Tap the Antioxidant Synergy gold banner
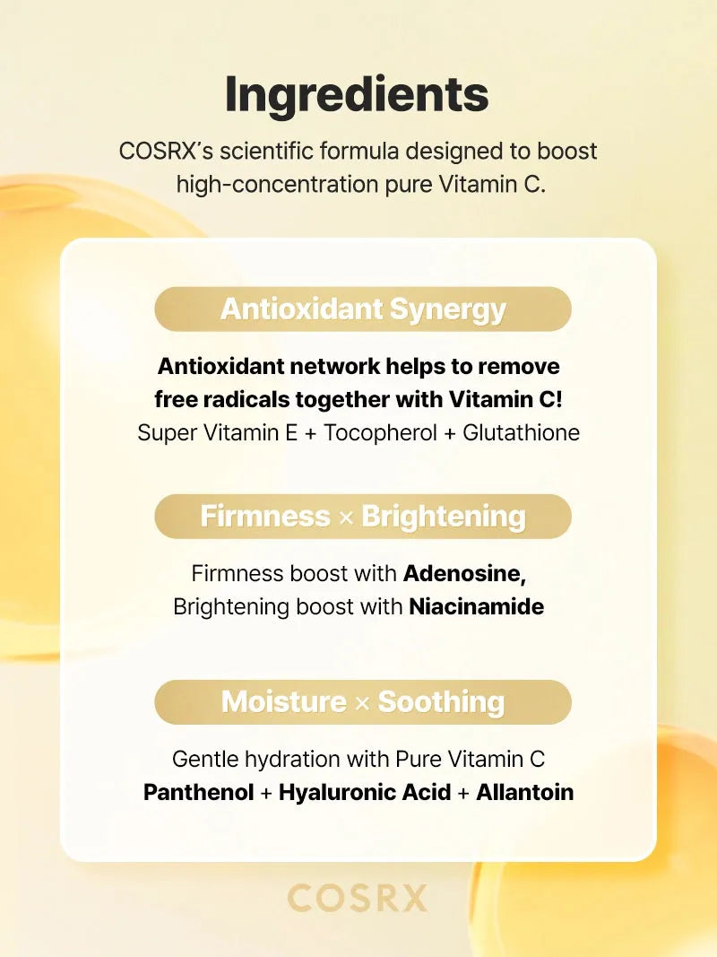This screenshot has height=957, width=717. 363,309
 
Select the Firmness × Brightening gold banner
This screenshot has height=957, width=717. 363,517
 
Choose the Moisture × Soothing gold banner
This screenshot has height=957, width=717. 363,702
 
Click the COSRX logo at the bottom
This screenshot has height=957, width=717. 357,898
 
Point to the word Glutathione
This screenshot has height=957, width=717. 522,432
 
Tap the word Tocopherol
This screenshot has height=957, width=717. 380,432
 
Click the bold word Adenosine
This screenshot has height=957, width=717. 464,574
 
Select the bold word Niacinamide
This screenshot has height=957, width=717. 476,606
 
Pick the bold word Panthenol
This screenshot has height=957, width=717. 198,792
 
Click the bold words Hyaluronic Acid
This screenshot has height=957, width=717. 365,792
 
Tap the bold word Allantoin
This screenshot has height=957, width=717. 525,792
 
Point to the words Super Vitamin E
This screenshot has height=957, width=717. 218,432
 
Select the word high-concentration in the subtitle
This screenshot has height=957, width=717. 277,185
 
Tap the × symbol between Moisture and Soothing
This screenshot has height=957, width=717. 362,703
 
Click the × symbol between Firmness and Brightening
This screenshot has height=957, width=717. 346,518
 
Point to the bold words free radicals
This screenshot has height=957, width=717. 222,400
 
